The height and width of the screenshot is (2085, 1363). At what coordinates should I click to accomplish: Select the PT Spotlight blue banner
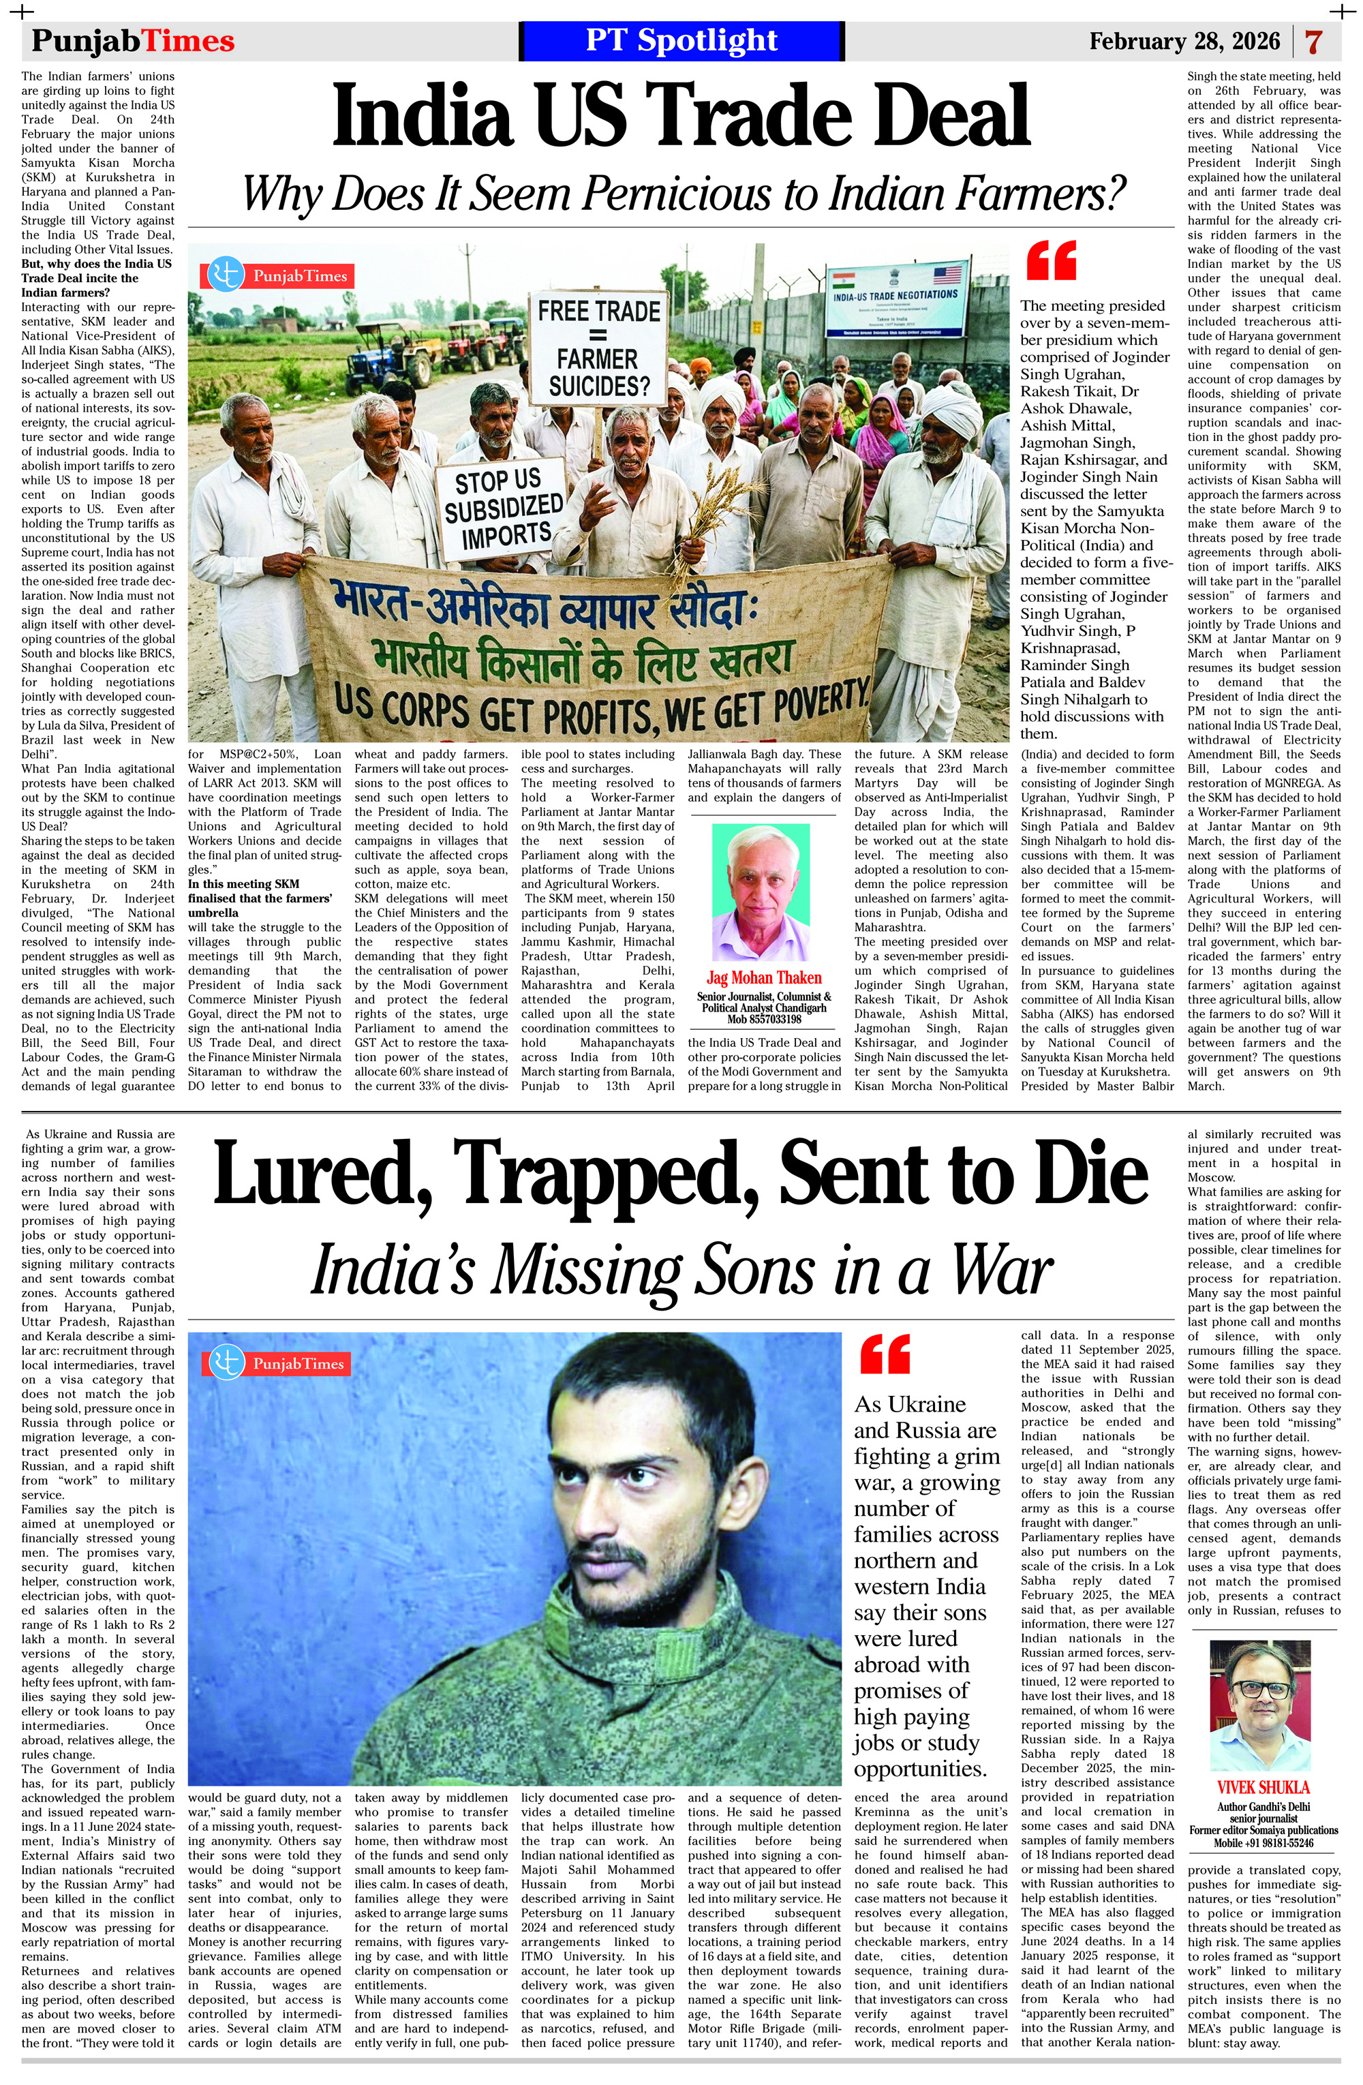(681, 40)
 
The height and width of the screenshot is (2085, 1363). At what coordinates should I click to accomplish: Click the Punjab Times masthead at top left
(133, 40)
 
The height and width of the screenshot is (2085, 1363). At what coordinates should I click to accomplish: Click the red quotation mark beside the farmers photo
(1050, 261)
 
